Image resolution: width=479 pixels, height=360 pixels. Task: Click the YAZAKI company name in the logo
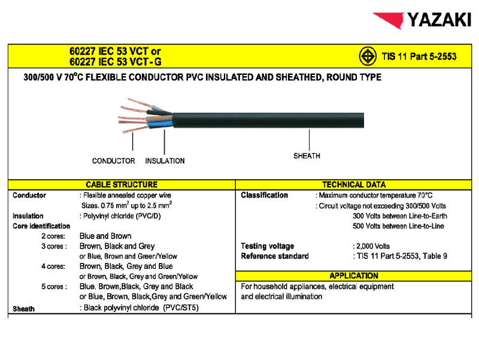439,20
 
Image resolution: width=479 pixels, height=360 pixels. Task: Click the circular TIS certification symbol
367,56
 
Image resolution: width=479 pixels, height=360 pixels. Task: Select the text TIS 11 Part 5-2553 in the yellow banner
419,56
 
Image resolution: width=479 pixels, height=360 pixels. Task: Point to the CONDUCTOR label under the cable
113,161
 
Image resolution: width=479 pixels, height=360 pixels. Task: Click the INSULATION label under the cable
165,161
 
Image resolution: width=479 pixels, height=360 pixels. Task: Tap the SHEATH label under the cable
307,156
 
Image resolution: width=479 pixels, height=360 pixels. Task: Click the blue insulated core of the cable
160,123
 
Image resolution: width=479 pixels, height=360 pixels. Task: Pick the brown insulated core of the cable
159,118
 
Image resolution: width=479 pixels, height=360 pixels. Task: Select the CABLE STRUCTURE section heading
122,184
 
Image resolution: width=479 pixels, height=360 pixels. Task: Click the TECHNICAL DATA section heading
354,184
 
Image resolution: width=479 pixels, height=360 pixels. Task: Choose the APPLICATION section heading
354,276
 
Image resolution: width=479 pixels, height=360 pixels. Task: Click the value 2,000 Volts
373,246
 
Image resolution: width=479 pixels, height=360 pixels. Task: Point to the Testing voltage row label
267,246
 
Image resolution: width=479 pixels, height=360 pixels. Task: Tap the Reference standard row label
275,256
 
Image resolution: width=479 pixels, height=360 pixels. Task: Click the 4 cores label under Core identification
53,267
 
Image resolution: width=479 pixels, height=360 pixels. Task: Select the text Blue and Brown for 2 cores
105,236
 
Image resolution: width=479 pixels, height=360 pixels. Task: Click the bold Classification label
264,195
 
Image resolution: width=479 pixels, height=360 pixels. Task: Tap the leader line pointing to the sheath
309,140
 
